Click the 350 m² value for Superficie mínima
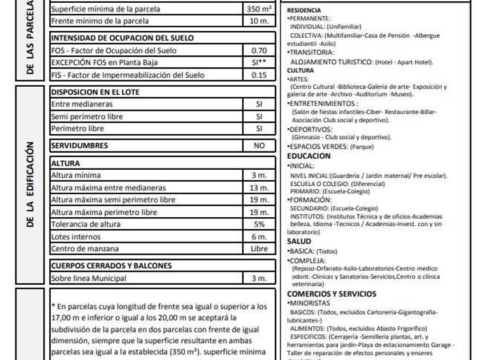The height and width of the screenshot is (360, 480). click(259, 9)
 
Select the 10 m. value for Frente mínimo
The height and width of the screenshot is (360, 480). click(259, 21)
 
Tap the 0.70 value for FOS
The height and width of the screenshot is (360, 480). click(259, 50)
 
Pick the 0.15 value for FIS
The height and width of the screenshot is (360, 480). click(259, 74)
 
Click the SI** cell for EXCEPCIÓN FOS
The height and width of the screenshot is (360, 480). click(259, 62)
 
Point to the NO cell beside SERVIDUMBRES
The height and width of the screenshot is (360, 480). click(259, 146)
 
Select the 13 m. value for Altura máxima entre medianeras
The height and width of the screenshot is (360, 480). click(259, 188)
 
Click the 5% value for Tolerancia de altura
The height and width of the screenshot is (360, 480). click(259, 224)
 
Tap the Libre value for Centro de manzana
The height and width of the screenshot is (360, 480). click(259, 249)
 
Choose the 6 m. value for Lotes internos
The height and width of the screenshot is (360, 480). click(259, 237)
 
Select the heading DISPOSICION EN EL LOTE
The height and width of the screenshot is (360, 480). click(95, 92)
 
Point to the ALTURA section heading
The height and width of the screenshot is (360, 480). click(66, 163)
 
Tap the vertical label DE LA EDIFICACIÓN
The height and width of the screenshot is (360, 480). click(30, 183)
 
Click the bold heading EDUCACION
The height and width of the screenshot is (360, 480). click(309, 156)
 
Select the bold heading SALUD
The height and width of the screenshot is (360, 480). click(299, 242)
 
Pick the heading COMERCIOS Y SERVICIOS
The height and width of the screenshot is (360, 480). click(331, 294)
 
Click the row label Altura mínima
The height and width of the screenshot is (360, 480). click(76, 175)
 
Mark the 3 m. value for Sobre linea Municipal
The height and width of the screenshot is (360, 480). click(259, 278)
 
